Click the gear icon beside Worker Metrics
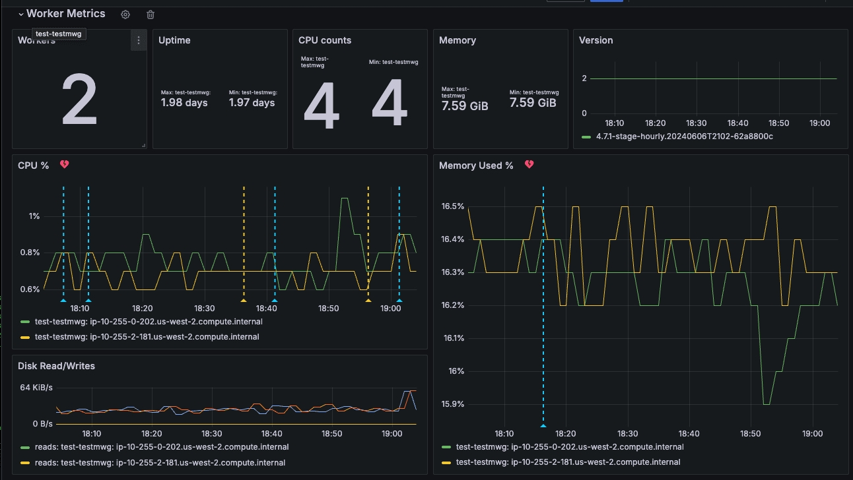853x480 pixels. (x=125, y=15)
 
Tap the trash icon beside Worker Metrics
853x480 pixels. (x=151, y=15)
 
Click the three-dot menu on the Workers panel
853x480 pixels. (x=138, y=40)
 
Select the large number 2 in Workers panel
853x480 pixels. (x=79, y=100)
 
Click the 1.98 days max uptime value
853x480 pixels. (x=184, y=103)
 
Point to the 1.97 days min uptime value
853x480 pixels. (x=252, y=103)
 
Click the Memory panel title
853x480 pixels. (x=458, y=40)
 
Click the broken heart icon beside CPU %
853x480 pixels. (x=65, y=165)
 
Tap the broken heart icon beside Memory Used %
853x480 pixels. (x=529, y=165)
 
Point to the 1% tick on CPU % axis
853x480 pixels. (x=34, y=216)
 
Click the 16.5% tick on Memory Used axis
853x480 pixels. (x=453, y=206)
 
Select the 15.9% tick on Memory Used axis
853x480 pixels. (x=453, y=404)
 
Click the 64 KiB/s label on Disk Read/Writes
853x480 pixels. (x=36, y=388)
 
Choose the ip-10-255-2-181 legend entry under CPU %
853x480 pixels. (x=147, y=337)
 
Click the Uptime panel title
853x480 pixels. (x=174, y=40)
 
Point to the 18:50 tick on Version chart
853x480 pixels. (x=779, y=123)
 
